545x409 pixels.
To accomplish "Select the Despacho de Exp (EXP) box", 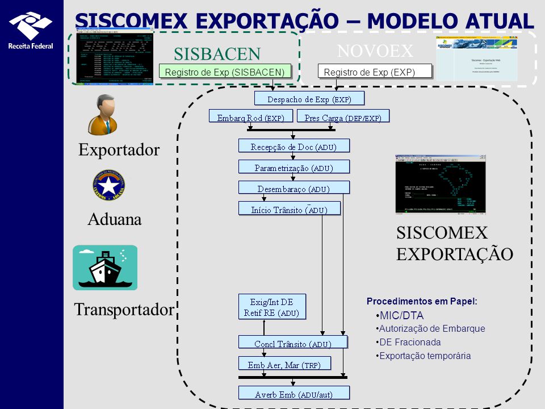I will [x=309, y=99].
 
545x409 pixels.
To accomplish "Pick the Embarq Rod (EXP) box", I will [x=250, y=116].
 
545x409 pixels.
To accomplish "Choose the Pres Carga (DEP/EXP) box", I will [x=342, y=116].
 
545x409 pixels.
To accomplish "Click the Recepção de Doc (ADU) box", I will [x=294, y=146].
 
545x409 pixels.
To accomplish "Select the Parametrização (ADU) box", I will [x=294, y=167].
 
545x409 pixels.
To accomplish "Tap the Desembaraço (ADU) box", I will [x=294, y=188].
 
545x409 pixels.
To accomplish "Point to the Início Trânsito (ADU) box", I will [x=289, y=208].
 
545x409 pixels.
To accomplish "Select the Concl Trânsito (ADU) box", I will [x=292, y=343].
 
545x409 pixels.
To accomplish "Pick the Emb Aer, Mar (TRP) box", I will [x=284, y=364].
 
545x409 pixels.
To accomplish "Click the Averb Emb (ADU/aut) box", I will [x=294, y=393].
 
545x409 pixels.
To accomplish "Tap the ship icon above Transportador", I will [x=105, y=268].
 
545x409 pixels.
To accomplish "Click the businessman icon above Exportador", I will [x=102, y=114].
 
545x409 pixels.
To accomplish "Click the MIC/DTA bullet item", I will [x=401, y=315].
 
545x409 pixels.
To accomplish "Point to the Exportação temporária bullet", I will [x=425, y=356].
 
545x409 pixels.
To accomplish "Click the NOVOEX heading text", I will [x=375, y=51].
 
